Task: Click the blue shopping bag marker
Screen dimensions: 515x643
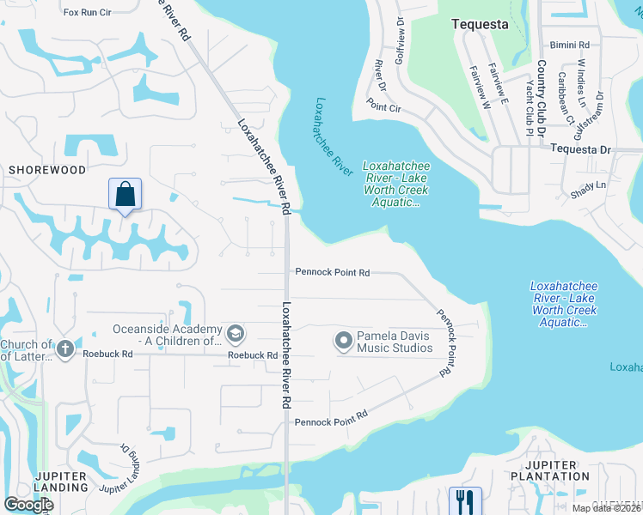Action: [x=126, y=195]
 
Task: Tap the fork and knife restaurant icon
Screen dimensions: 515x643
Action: [x=465, y=500]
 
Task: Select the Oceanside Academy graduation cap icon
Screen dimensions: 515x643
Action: [x=235, y=333]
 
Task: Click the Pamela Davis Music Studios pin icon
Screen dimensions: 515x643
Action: [x=344, y=341]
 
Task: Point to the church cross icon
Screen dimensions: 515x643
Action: [x=65, y=350]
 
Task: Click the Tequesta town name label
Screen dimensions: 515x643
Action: [x=481, y=25]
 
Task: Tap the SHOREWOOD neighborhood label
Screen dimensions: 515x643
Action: [x=47, y=170]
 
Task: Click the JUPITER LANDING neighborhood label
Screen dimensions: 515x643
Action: [x=61, y=482]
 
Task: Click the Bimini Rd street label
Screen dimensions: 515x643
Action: [x=572, y=44]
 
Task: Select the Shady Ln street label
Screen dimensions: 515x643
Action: [x=588, y=190]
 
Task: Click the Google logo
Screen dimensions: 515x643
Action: [x=29, y=505]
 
